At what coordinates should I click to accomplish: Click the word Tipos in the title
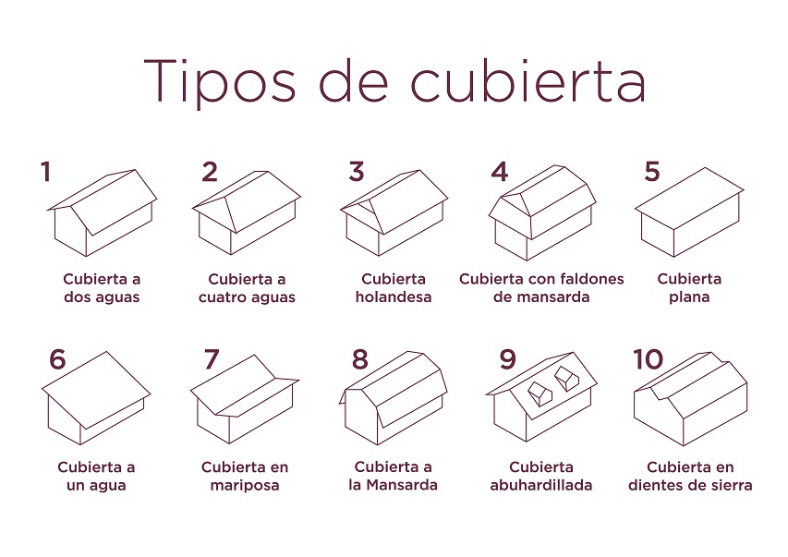[x=220, y=81]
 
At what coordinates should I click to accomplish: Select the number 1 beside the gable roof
[x=46, y=172]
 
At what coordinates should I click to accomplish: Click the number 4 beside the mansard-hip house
[x=500, y=172]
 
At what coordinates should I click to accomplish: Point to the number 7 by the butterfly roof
[x=211, y=359]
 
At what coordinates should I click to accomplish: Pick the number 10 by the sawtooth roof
[x=649, y=359]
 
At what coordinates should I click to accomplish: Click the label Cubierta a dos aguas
[x=102, y=288]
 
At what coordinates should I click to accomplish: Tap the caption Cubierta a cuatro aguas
[x=247, y=288]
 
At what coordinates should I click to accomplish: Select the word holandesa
[x=394, y=297]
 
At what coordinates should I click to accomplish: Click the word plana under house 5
[x=689, y=297]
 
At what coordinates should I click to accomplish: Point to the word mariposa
[x=245, y=486]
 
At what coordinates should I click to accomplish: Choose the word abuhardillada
[x=541, y=486]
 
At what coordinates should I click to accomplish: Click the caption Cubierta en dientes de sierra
[x=690, y=476]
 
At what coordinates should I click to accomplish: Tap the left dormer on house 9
[x=539, y=394]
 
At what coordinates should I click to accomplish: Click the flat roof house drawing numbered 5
[x=689, y=212]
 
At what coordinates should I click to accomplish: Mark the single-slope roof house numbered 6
[x=96, y=398]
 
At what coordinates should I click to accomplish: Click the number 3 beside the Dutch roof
[x=357, y=172]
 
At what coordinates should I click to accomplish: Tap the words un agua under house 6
[x=96, y=486]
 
